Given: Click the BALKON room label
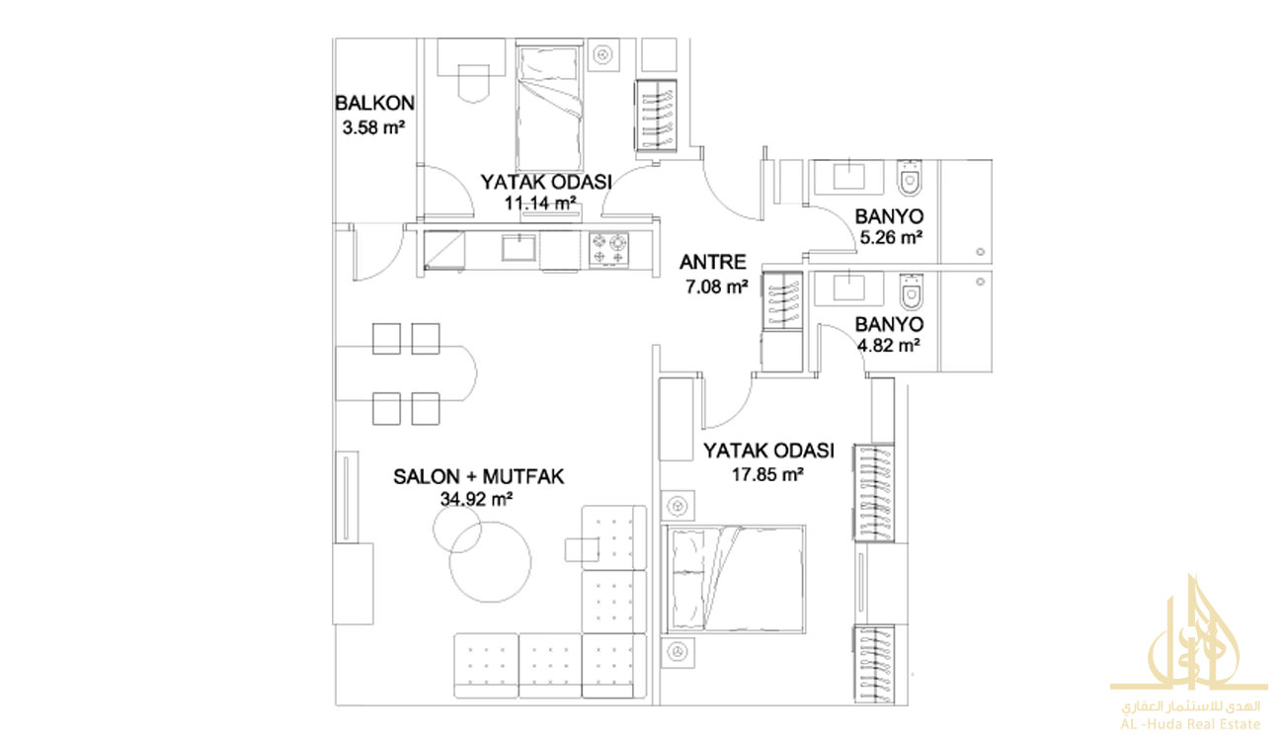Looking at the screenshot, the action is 374,103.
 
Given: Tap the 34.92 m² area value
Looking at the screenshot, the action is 476,500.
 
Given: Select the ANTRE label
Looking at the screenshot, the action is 712,262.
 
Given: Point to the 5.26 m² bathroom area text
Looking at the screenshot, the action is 890,237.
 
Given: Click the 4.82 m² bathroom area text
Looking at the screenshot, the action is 889,345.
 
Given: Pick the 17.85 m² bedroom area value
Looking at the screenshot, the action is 767,474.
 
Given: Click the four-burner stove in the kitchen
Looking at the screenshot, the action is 608,250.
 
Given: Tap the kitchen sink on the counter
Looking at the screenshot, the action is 519,247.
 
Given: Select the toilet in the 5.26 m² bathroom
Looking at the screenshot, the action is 909,178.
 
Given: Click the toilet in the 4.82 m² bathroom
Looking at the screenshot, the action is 911,291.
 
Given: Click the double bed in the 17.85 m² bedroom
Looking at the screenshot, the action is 734,579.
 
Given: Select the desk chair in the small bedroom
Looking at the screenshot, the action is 473,84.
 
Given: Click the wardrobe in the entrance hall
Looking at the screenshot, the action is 782,300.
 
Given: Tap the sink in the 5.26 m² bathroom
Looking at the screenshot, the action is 848,176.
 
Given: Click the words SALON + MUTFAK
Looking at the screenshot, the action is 479,476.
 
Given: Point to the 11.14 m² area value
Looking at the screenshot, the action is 540,203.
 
